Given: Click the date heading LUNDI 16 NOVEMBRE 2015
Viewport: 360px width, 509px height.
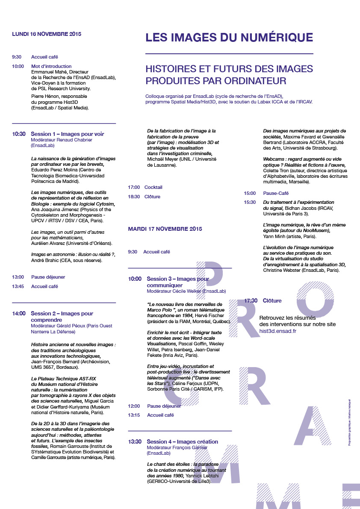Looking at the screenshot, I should tap(47, 34).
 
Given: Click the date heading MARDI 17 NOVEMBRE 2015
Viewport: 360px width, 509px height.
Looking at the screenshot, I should tap(165, 229).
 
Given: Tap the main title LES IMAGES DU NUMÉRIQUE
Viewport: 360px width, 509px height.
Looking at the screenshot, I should tap(229, 38).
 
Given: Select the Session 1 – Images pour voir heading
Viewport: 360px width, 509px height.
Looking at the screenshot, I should tap(67, 134).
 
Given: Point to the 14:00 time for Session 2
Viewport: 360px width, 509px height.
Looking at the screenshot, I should tap(19, 313).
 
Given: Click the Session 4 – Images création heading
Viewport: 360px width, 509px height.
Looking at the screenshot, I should tap(182, 441).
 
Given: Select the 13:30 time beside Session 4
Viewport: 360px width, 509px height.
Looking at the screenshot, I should tap(135, 441).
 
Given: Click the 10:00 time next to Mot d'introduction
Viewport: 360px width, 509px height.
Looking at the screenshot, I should tap(18, 66).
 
